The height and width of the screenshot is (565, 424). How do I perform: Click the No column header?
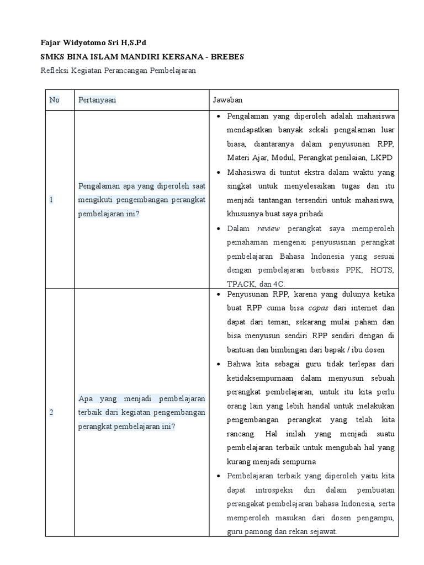[54, 100]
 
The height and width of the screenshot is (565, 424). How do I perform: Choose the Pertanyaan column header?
[97, 100]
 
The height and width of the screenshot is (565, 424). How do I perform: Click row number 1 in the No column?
[51, 200]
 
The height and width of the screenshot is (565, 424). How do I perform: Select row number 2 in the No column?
[51, 412]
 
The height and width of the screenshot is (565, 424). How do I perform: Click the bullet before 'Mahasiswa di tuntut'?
[219, 173]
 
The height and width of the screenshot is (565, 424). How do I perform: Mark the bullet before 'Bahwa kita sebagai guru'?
[219, 364]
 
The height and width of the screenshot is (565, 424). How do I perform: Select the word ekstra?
[302, 173]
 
